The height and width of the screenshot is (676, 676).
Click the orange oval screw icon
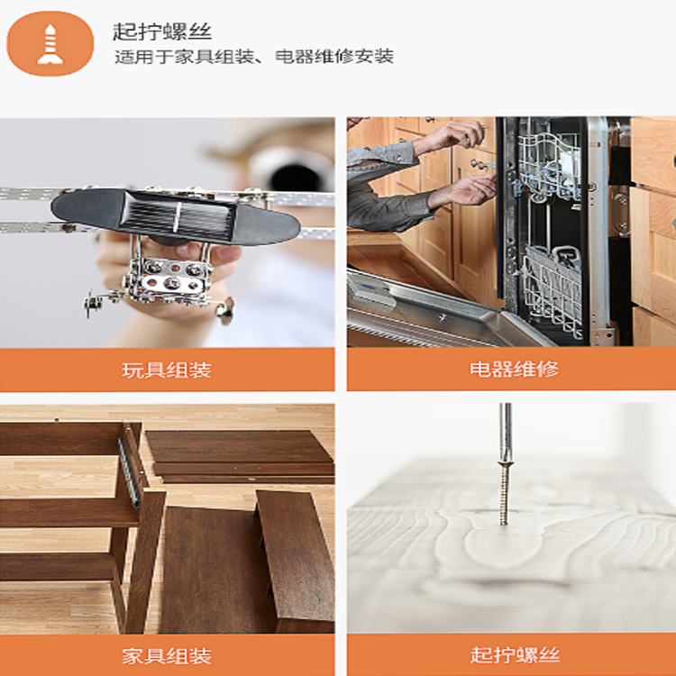click(50, 43)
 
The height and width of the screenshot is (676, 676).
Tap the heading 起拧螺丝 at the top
click(162, 32)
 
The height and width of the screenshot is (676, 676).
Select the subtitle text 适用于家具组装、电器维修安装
click(254, 57)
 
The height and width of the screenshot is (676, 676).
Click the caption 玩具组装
click(167, 370)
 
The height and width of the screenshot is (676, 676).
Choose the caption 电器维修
click(514, 369)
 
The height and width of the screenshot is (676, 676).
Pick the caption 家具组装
click(167, 656)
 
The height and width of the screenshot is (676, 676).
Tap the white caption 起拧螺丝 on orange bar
click(515, 654)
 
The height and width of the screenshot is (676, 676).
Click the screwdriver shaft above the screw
click(506, 432)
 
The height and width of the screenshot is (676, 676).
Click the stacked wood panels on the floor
click(239, 457)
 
